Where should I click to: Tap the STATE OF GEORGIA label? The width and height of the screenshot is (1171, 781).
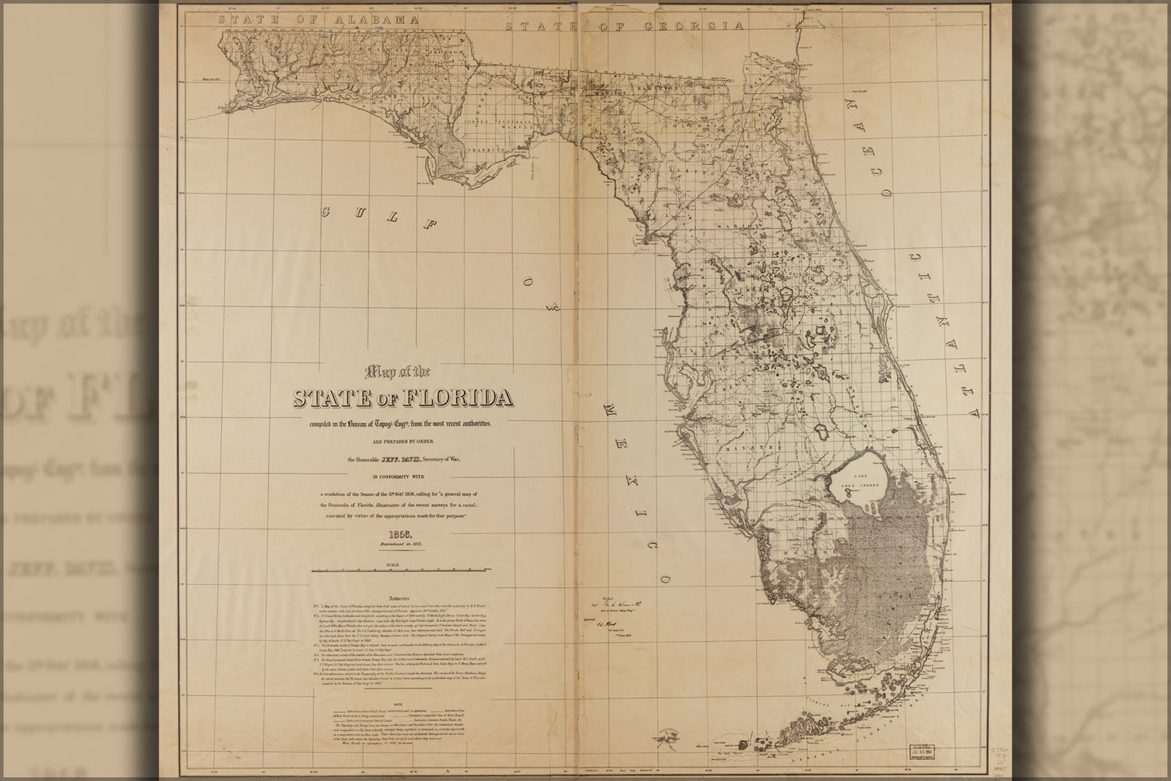click(x=623, y=26)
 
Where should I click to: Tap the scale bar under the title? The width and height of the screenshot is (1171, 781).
click(x=401, y=569)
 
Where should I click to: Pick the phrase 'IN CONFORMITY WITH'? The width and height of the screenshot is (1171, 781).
click(x=401, y=475)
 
